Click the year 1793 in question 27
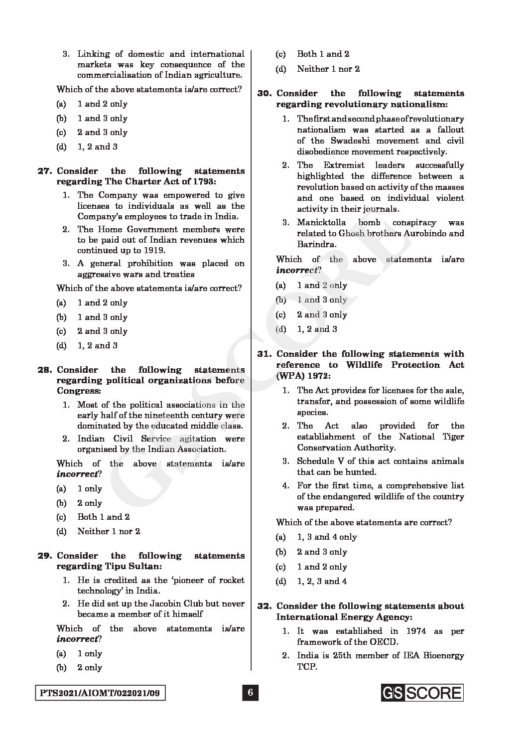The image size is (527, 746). click(x=230, y=181)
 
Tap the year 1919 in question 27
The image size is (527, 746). click(x=153, y=251)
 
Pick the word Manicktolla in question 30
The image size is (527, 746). click(x=321, y=223)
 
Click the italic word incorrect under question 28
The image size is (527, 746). click(x=76, y=474)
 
